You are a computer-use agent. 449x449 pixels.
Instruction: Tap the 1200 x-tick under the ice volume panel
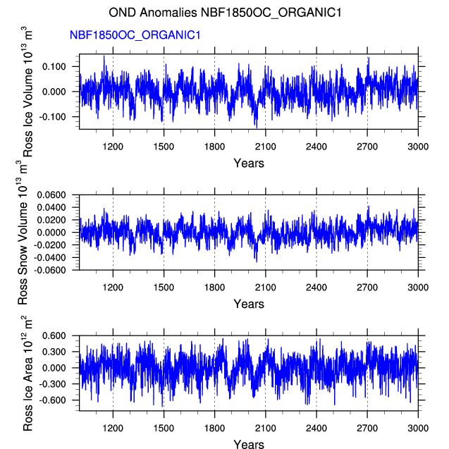[x=113, y=147]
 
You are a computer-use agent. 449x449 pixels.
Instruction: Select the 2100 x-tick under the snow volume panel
[x=265, y=288]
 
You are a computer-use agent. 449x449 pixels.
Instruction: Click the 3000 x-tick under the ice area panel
[x=418, y=428]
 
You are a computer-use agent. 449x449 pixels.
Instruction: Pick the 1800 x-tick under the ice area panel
[x=214, y=428]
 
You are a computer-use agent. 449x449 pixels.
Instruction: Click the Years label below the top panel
[x=249, y=164]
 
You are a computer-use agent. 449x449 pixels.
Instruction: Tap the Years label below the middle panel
[x=249, y=304]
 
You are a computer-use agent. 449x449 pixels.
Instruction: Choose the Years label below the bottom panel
[x=249, y=443]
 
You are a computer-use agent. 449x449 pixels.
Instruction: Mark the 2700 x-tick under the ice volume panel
[x=367, y=147]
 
